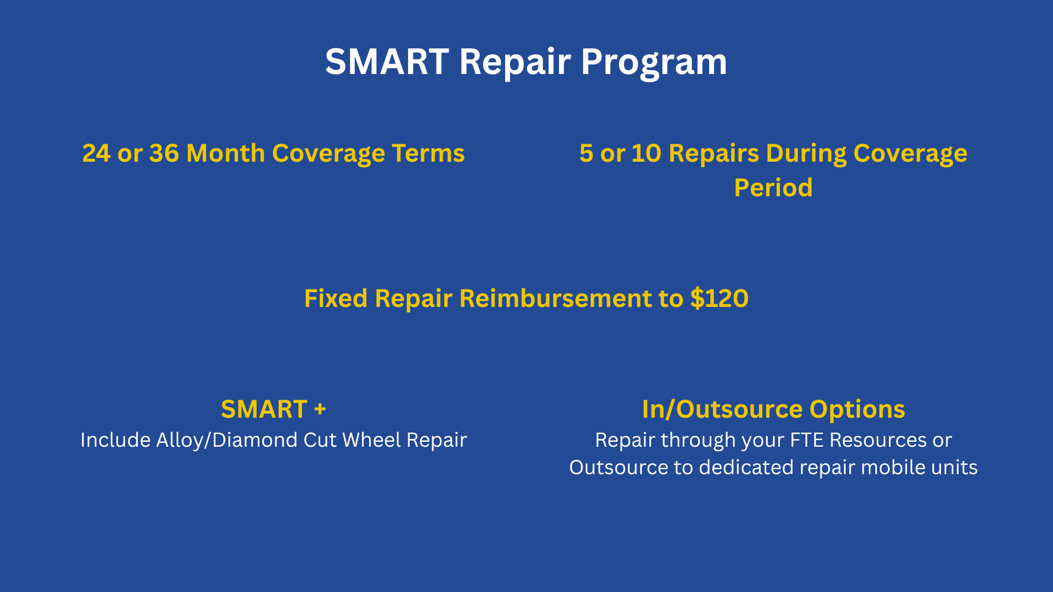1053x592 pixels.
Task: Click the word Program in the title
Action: [654, 62]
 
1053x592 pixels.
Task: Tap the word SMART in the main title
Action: [387, 61]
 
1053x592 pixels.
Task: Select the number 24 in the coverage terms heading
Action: [97, 153]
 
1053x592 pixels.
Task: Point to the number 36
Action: [164, 153]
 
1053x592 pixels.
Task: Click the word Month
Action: [225, 153]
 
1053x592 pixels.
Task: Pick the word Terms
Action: [428, 153]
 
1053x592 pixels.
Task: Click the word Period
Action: [773, 187]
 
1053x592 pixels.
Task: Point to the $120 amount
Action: [720, 298]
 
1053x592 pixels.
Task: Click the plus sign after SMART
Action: [320, 409]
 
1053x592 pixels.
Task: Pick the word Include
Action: [115, 440]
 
